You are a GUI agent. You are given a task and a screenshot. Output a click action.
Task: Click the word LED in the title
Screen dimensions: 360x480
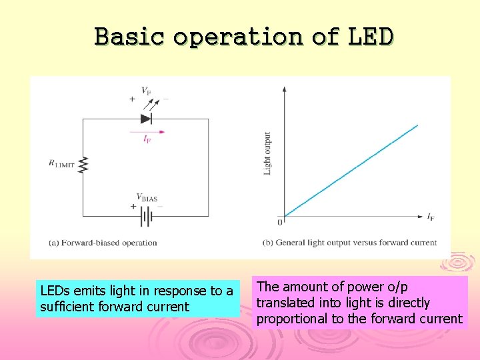[x=371, y=36]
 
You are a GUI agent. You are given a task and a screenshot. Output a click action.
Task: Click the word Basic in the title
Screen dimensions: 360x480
[x=129, y=36]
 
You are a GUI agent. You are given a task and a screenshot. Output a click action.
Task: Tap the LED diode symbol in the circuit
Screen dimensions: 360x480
[x=147, y=119]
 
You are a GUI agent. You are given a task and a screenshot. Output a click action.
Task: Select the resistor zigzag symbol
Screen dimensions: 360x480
[x=83, y=164]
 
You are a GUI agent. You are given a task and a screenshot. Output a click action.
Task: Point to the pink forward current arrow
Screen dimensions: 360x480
[x=148, y=132]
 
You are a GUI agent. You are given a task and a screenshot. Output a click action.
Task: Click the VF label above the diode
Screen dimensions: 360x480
[x=146, y=91]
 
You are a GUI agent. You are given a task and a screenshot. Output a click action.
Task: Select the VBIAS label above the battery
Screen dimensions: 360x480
[x=147, y=197]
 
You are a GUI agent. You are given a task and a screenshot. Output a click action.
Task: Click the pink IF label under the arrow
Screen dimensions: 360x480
[x=147, y=139]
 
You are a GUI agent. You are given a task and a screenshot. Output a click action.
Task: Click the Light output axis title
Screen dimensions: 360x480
[x=268, y=153]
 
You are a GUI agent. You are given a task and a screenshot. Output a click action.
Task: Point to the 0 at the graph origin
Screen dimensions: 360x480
[x=280, y=221]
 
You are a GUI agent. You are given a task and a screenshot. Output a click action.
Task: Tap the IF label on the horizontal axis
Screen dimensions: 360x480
[x=431, y=217]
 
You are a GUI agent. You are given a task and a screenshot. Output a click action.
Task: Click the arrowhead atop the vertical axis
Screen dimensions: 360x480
[x=285, y=89]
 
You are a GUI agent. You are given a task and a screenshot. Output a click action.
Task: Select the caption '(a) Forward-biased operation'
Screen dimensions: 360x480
[x=103, y=243]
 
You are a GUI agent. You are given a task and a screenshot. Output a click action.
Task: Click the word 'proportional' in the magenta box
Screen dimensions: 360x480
[x=293, y=319]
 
